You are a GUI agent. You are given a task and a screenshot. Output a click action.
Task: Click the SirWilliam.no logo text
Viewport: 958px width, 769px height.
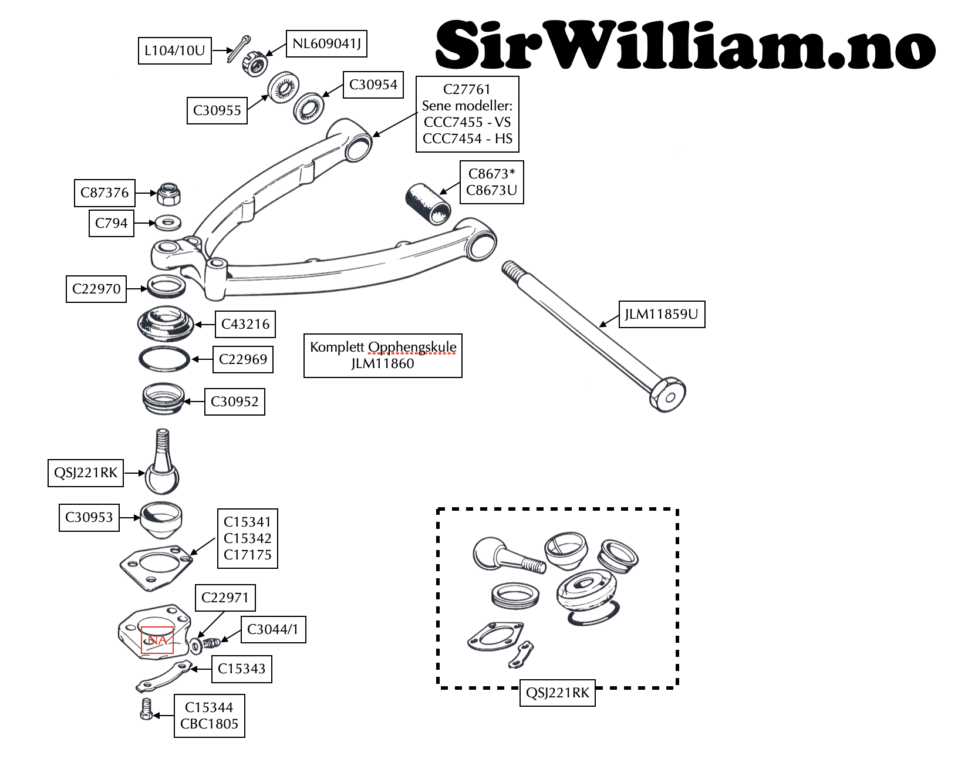tap(684, 45)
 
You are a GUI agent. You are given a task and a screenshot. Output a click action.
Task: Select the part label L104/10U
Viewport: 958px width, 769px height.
tap(174, 50)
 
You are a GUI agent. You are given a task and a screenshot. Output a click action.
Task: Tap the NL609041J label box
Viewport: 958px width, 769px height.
tap(326, 43)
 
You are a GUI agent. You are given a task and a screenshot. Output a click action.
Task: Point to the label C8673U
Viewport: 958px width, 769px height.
tap(491, 190)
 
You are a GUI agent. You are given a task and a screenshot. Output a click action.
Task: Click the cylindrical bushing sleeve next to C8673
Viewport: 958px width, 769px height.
tap(429, 204)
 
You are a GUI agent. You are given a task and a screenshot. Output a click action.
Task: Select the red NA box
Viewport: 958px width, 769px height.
tap(157, 640)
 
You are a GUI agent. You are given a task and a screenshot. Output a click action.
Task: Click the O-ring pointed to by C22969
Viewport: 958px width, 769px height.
tap(164, 359)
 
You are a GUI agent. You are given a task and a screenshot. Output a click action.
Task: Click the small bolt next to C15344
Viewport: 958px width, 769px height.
tap(146, 710)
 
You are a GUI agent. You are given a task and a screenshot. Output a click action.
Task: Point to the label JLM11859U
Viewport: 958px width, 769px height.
tap(662, 314)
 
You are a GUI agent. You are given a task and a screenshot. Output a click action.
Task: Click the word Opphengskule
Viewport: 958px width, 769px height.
tap(412, 347)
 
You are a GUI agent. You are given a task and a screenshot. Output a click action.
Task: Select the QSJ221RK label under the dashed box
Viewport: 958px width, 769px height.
tap(557, 693)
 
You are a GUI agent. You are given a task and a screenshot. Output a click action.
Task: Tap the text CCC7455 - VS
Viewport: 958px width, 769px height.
tap(467, 122)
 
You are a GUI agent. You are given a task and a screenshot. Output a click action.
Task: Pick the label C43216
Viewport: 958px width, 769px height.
tap(245, 324)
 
